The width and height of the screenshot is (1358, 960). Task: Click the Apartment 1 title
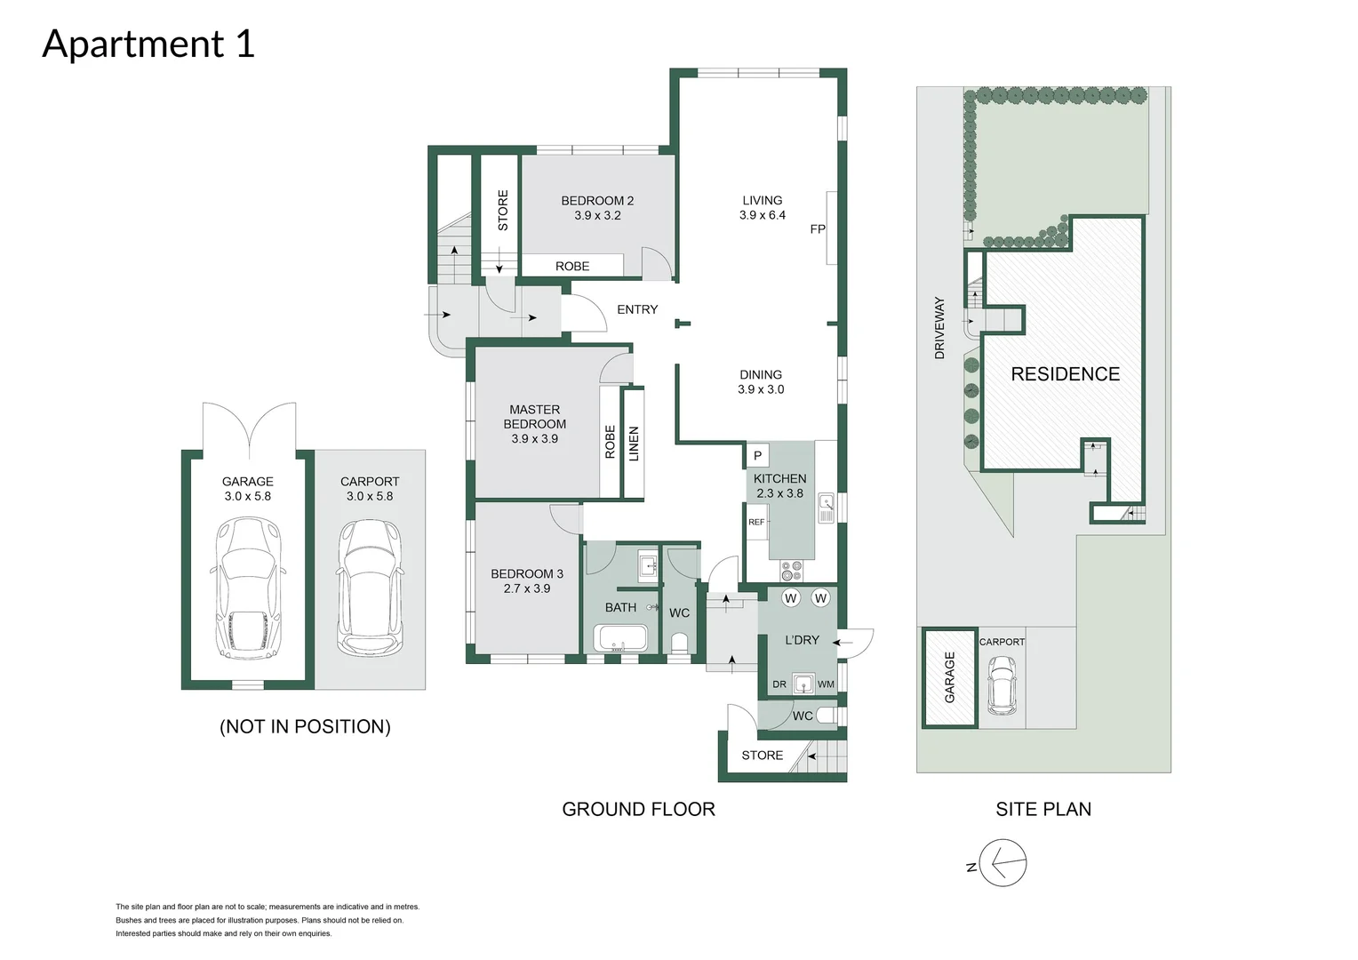tap(148, 44)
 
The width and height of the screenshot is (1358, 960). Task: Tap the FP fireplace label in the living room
tap(818, 229)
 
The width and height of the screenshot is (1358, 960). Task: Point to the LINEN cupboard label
tap(634, 443)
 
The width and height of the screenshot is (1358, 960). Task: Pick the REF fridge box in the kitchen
tap(756, 523)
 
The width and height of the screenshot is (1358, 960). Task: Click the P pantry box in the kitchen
tap(757, 456)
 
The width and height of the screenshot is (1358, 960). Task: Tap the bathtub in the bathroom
tap(621, 638)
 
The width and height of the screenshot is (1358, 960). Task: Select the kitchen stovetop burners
tap(791, 569)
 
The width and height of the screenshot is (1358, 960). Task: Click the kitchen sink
tap(826, 508)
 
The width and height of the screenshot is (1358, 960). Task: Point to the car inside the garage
tap(248, 588)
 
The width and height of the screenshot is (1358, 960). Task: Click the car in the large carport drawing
tap(370, 588)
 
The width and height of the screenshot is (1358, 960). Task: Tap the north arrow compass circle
tap(1003, 863)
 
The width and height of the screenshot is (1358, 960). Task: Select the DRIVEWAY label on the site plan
tap(939, 328)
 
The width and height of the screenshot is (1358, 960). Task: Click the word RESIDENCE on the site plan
tap(1065, 374)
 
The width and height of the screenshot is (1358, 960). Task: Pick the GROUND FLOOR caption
tap(638, 809)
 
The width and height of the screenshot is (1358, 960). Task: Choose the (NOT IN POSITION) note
tap(305, 726)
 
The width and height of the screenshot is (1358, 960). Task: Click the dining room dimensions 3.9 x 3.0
tap(761, 389)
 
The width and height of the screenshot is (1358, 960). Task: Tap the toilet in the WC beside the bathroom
tap(681, 642)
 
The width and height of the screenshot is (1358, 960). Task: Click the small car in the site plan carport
tap(1002, 684)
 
